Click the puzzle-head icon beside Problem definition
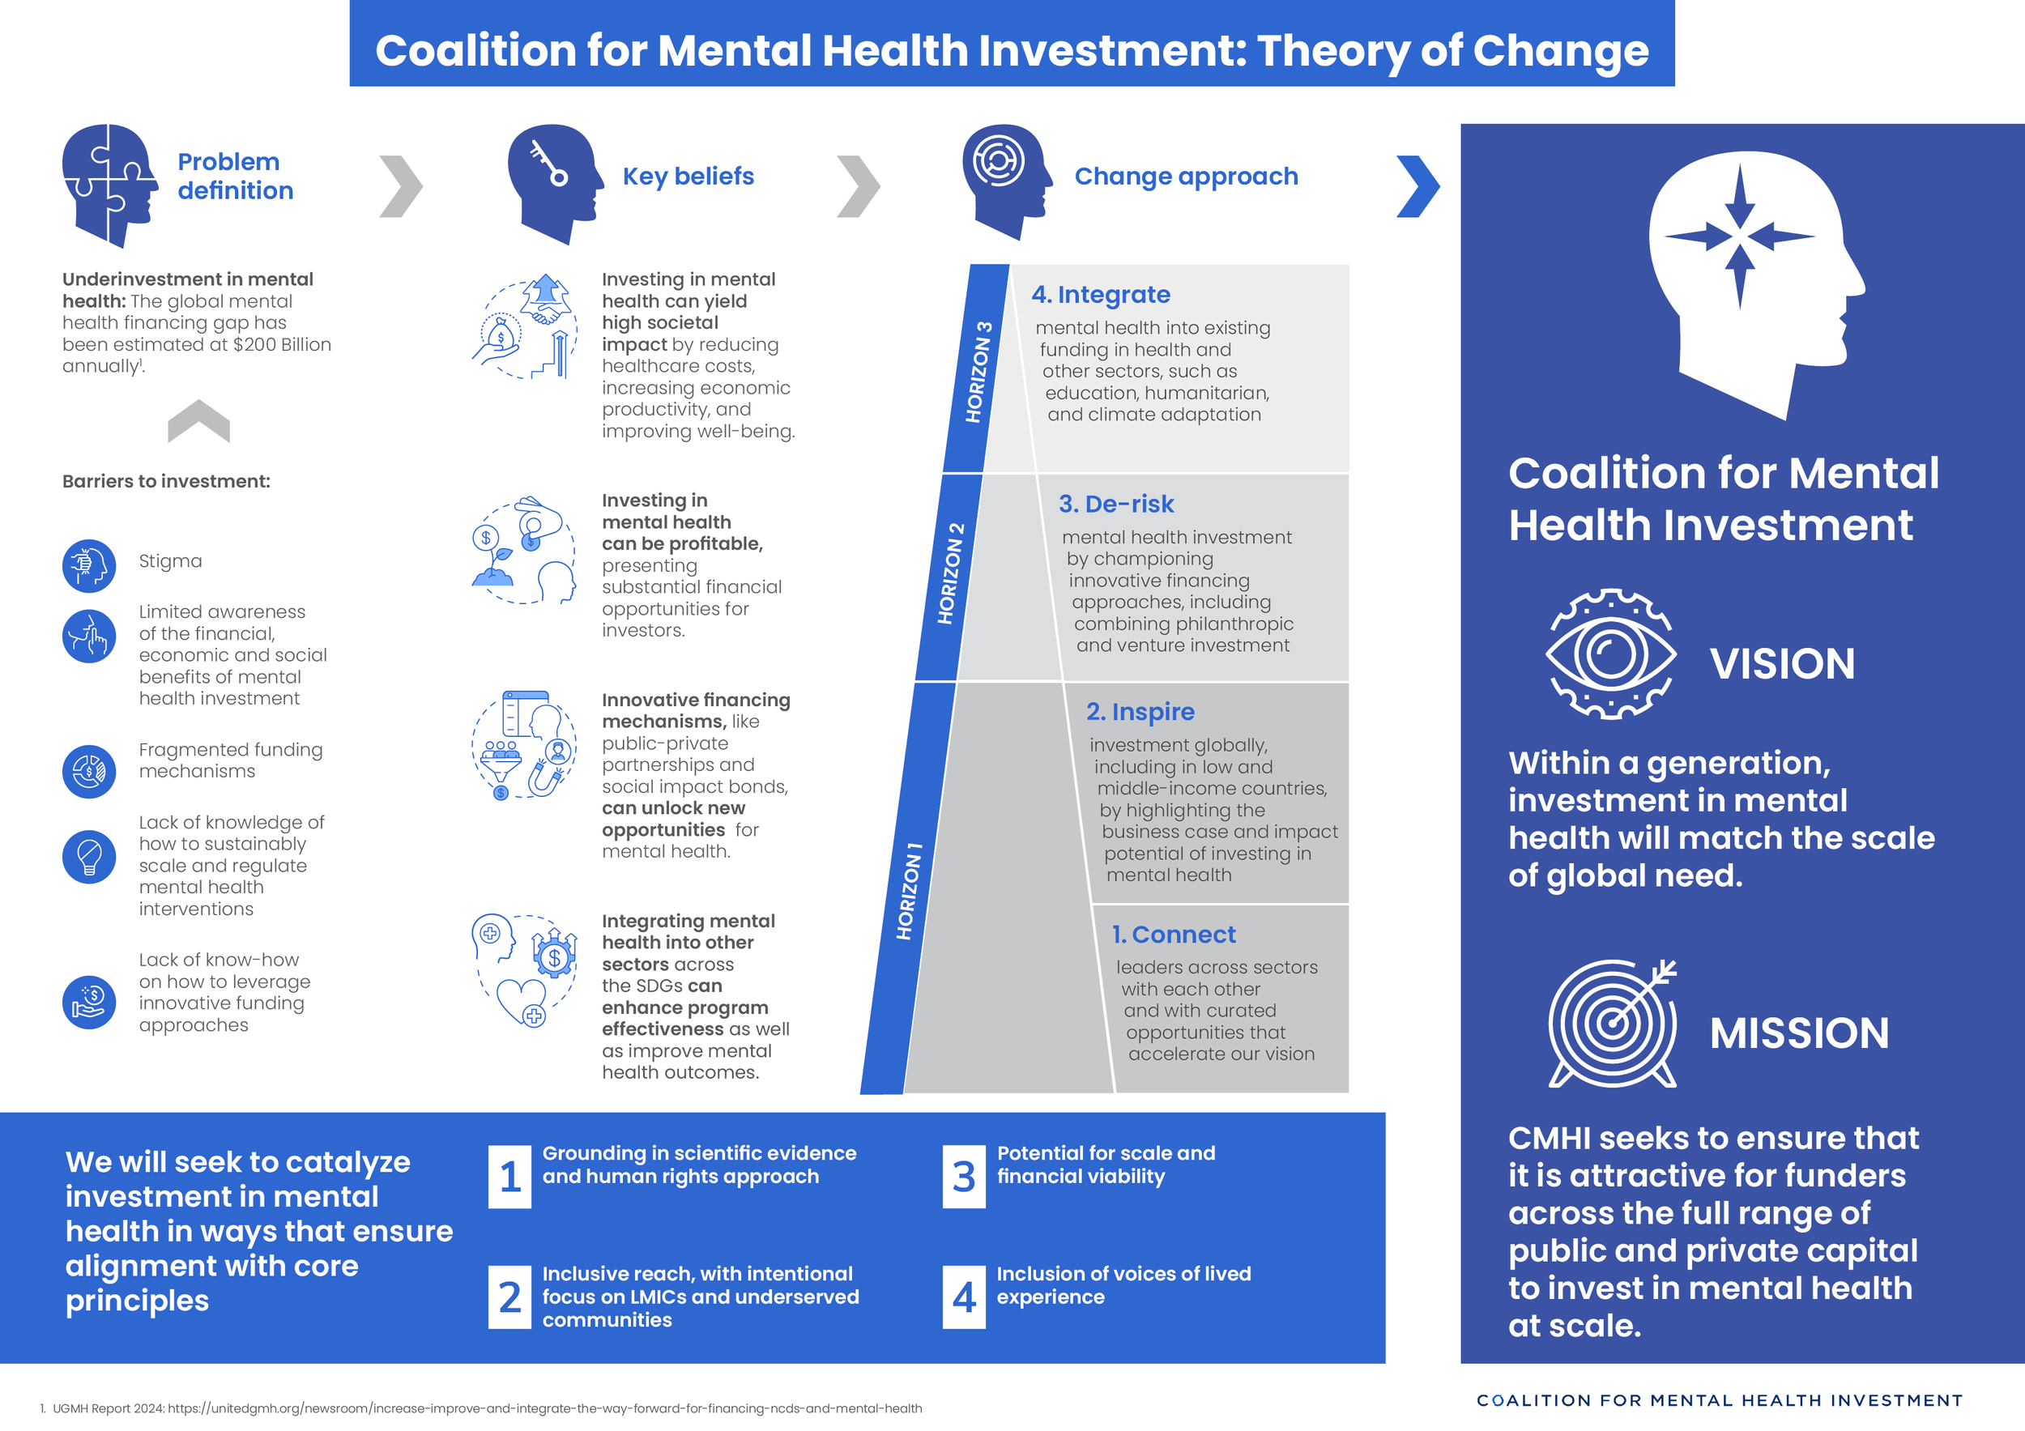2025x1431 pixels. coord(108,185)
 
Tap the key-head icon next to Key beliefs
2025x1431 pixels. coord(553,182)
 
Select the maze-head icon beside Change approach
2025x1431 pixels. coord(1004,180)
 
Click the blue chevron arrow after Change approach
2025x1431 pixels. coord(1417,186)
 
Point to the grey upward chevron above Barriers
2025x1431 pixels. coord(198,420)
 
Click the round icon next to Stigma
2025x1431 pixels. coord(89,565)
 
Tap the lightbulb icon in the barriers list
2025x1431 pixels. coord(89,856)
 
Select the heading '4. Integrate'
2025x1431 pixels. coord(1100,295)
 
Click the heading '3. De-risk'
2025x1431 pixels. coord(1115,504)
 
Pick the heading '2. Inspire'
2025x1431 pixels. coord(1140,712)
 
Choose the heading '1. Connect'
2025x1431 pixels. coord(1173,934)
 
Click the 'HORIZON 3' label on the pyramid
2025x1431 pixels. coord(978,371)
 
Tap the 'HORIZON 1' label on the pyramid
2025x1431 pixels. coord(909,891)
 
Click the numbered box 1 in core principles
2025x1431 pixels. coord(509,1176)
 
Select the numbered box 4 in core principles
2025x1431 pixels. coord(964,1297)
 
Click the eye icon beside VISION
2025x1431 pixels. coord(1610,655)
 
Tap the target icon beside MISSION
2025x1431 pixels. coord(1612,1023)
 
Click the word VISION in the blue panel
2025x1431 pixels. coord(1781,663)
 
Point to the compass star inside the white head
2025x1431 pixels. coord(1739,236)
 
